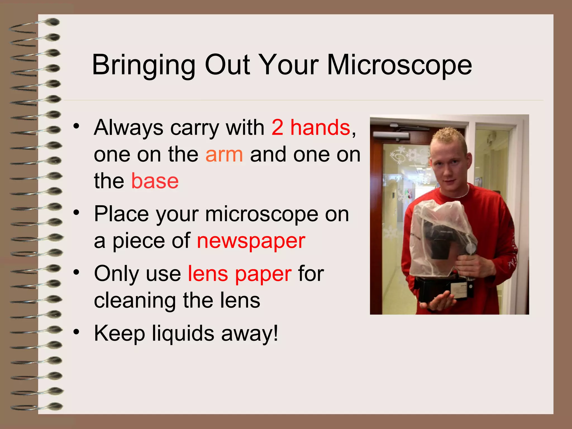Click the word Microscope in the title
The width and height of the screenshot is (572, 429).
tap(399, 65)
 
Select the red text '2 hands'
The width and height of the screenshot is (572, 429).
tap(311, 128)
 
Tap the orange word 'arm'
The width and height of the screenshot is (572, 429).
tap(224, 154)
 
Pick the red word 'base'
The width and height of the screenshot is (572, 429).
tap(155, 181)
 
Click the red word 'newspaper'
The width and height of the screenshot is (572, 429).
tap(251, 241)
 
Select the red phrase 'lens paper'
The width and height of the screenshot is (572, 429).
tap(240, 274)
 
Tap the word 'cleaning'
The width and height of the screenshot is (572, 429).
tap(135, 301)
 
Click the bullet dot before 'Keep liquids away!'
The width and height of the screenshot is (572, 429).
tap(76, 332)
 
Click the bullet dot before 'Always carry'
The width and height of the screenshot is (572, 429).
tap(76, 126)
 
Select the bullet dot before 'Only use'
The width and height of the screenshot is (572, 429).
tap(76, 272)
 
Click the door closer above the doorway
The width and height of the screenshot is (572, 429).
tap(391, 135)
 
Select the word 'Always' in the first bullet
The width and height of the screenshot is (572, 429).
tap(128, 128)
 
